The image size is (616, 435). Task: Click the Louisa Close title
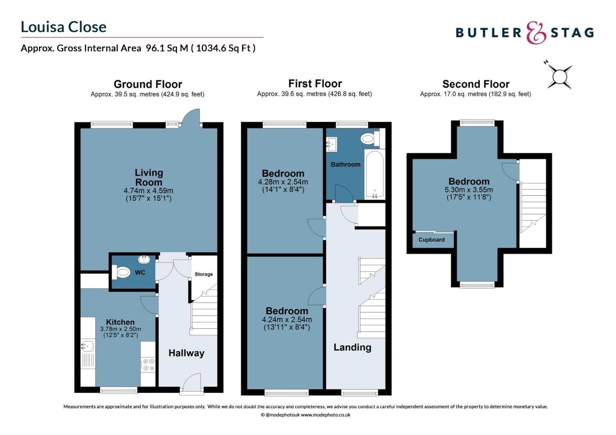pyautogui.click(x=64, y=27)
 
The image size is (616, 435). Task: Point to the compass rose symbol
pyautogui.click(x=559, y=76)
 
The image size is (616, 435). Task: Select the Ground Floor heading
pyautogui.click(x=148, y=84)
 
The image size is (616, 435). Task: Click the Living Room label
pyautogui.click(x=149, y=177)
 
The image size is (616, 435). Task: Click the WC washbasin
pyautogui.click(x=144, y=259)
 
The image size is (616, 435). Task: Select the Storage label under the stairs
pyautogui.click(x=204, y=274)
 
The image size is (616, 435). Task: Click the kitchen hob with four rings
pyautogui.click(x=148, y=365)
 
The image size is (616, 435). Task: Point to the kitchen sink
pyautogui.click(x=87, y=346)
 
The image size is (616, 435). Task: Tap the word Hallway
pyautogui.click(x=186, y=353)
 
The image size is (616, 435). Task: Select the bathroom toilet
pyautogui.click(x=370, y=138)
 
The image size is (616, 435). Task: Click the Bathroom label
pyautogui.click(x=345, y=165)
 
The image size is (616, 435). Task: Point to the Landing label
pyautogui.click(x=353, y=347)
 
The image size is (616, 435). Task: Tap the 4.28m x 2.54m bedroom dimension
pyautogui.click(x=283, y=182)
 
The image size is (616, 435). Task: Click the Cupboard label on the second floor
pyautogui.click(x=431, y=240)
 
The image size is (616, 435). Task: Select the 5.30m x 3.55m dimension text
pyautogui.click(x=469, y=190)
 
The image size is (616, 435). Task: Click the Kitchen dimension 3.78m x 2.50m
pyautogui.click(x=121, y=329)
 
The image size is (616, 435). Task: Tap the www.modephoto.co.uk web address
pyautogui.click(x=326, y=415)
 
